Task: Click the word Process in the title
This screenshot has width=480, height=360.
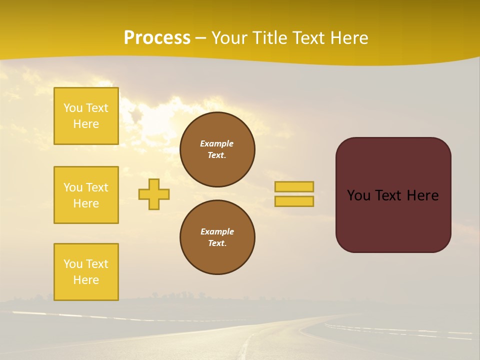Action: [x=157, y=38]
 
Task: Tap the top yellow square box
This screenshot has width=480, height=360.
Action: [x=86, y=116]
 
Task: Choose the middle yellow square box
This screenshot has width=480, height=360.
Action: [x=86, y=195]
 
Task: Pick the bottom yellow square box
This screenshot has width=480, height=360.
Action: [x=86, y=272]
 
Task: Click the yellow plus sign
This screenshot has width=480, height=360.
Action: [x=154, y=194]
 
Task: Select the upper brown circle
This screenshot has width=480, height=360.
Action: [x=217, y=149]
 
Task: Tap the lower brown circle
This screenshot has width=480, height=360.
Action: [x=217, y=237]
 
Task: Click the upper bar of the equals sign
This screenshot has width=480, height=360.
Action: [x=294, y=186]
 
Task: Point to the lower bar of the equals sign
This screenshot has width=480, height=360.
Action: [x=294, y=201]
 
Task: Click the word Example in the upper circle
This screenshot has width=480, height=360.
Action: [x=217, y=143]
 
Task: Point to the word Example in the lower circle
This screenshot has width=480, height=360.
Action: [x=217, y=231]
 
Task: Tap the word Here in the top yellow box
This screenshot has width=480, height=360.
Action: [x=86, y=124]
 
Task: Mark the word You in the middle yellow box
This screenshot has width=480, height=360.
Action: [x=72, y=187]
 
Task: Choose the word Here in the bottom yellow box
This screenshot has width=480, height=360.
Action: [x=86, y=280]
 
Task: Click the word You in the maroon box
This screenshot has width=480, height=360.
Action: [x=358, y=195]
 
